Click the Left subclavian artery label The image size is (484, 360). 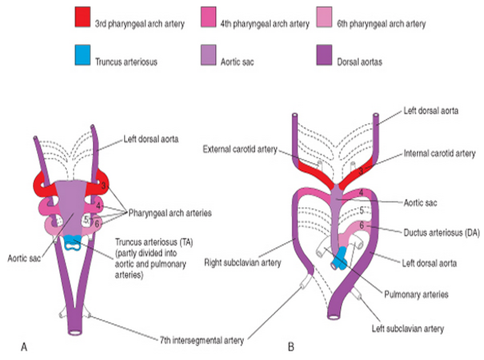pos(408,329)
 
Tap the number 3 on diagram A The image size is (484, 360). pos(102,186)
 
